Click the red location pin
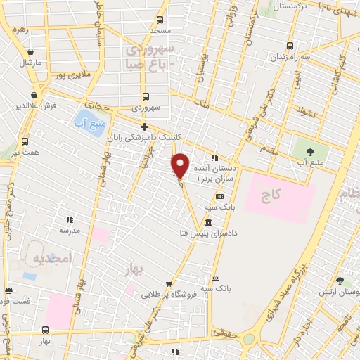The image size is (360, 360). pyautogui.click(x=180, y=165)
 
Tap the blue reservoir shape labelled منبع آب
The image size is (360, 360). pyautogui.click(x=85, y=122)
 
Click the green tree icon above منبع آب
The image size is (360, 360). pyautogui.click(x=306, y=150)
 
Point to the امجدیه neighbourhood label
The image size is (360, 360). pyautogui.click(x=53, y=259)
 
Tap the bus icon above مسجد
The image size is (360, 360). pyautogui.click(x=160, y=20)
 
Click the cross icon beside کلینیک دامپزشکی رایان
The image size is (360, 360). pyautogui.click(x=144, y=127)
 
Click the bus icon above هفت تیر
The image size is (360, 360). pyautogui.click(x=25, y=140)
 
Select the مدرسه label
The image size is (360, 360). pyautogui.click(x=70, y=230)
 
